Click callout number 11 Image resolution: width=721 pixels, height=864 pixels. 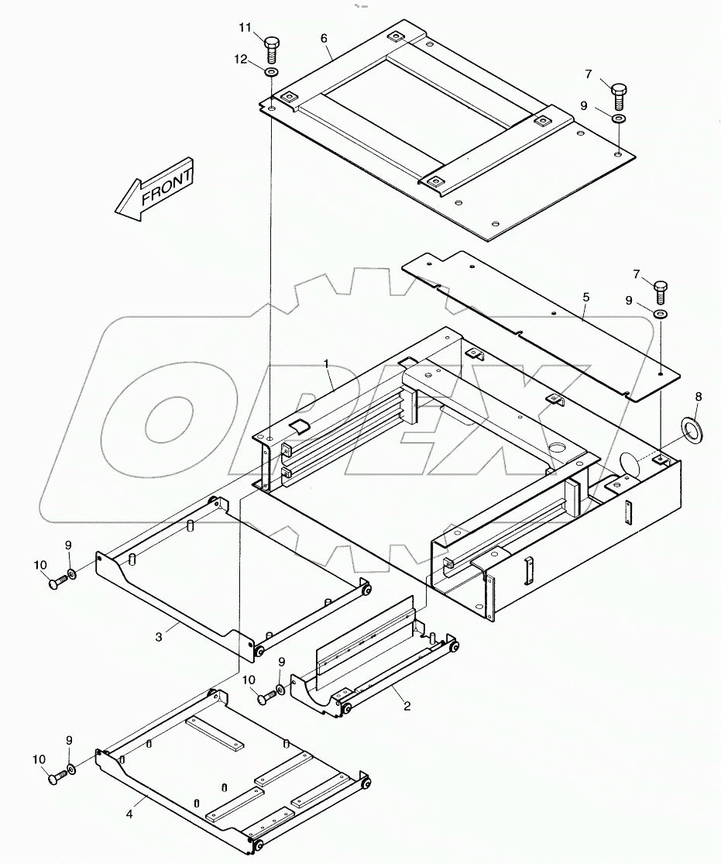pyautogui.click(x=245, y=29)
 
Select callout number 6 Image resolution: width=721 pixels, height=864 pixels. pyautogui.click(x=324, y=38)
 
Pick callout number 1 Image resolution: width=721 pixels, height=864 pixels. pyautogui.click(x=327, y=363)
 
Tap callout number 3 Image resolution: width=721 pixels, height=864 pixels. pyautogui.click(x=159, y=637)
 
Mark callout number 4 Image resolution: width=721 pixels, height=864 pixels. pyautogui.click(x=130, y=814)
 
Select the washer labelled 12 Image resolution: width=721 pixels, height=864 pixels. pyautogui.click(x=271, y=73)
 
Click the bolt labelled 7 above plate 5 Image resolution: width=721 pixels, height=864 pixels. pyautogui.click(x=661, y=293)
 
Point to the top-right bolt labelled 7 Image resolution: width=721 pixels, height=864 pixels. pyautogui.click(x=620, y=97)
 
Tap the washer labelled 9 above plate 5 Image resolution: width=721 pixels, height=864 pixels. pyautogui.click(x=661, y=314)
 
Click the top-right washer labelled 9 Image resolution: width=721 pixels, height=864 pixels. pyautogui.click(x=620, y=119)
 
